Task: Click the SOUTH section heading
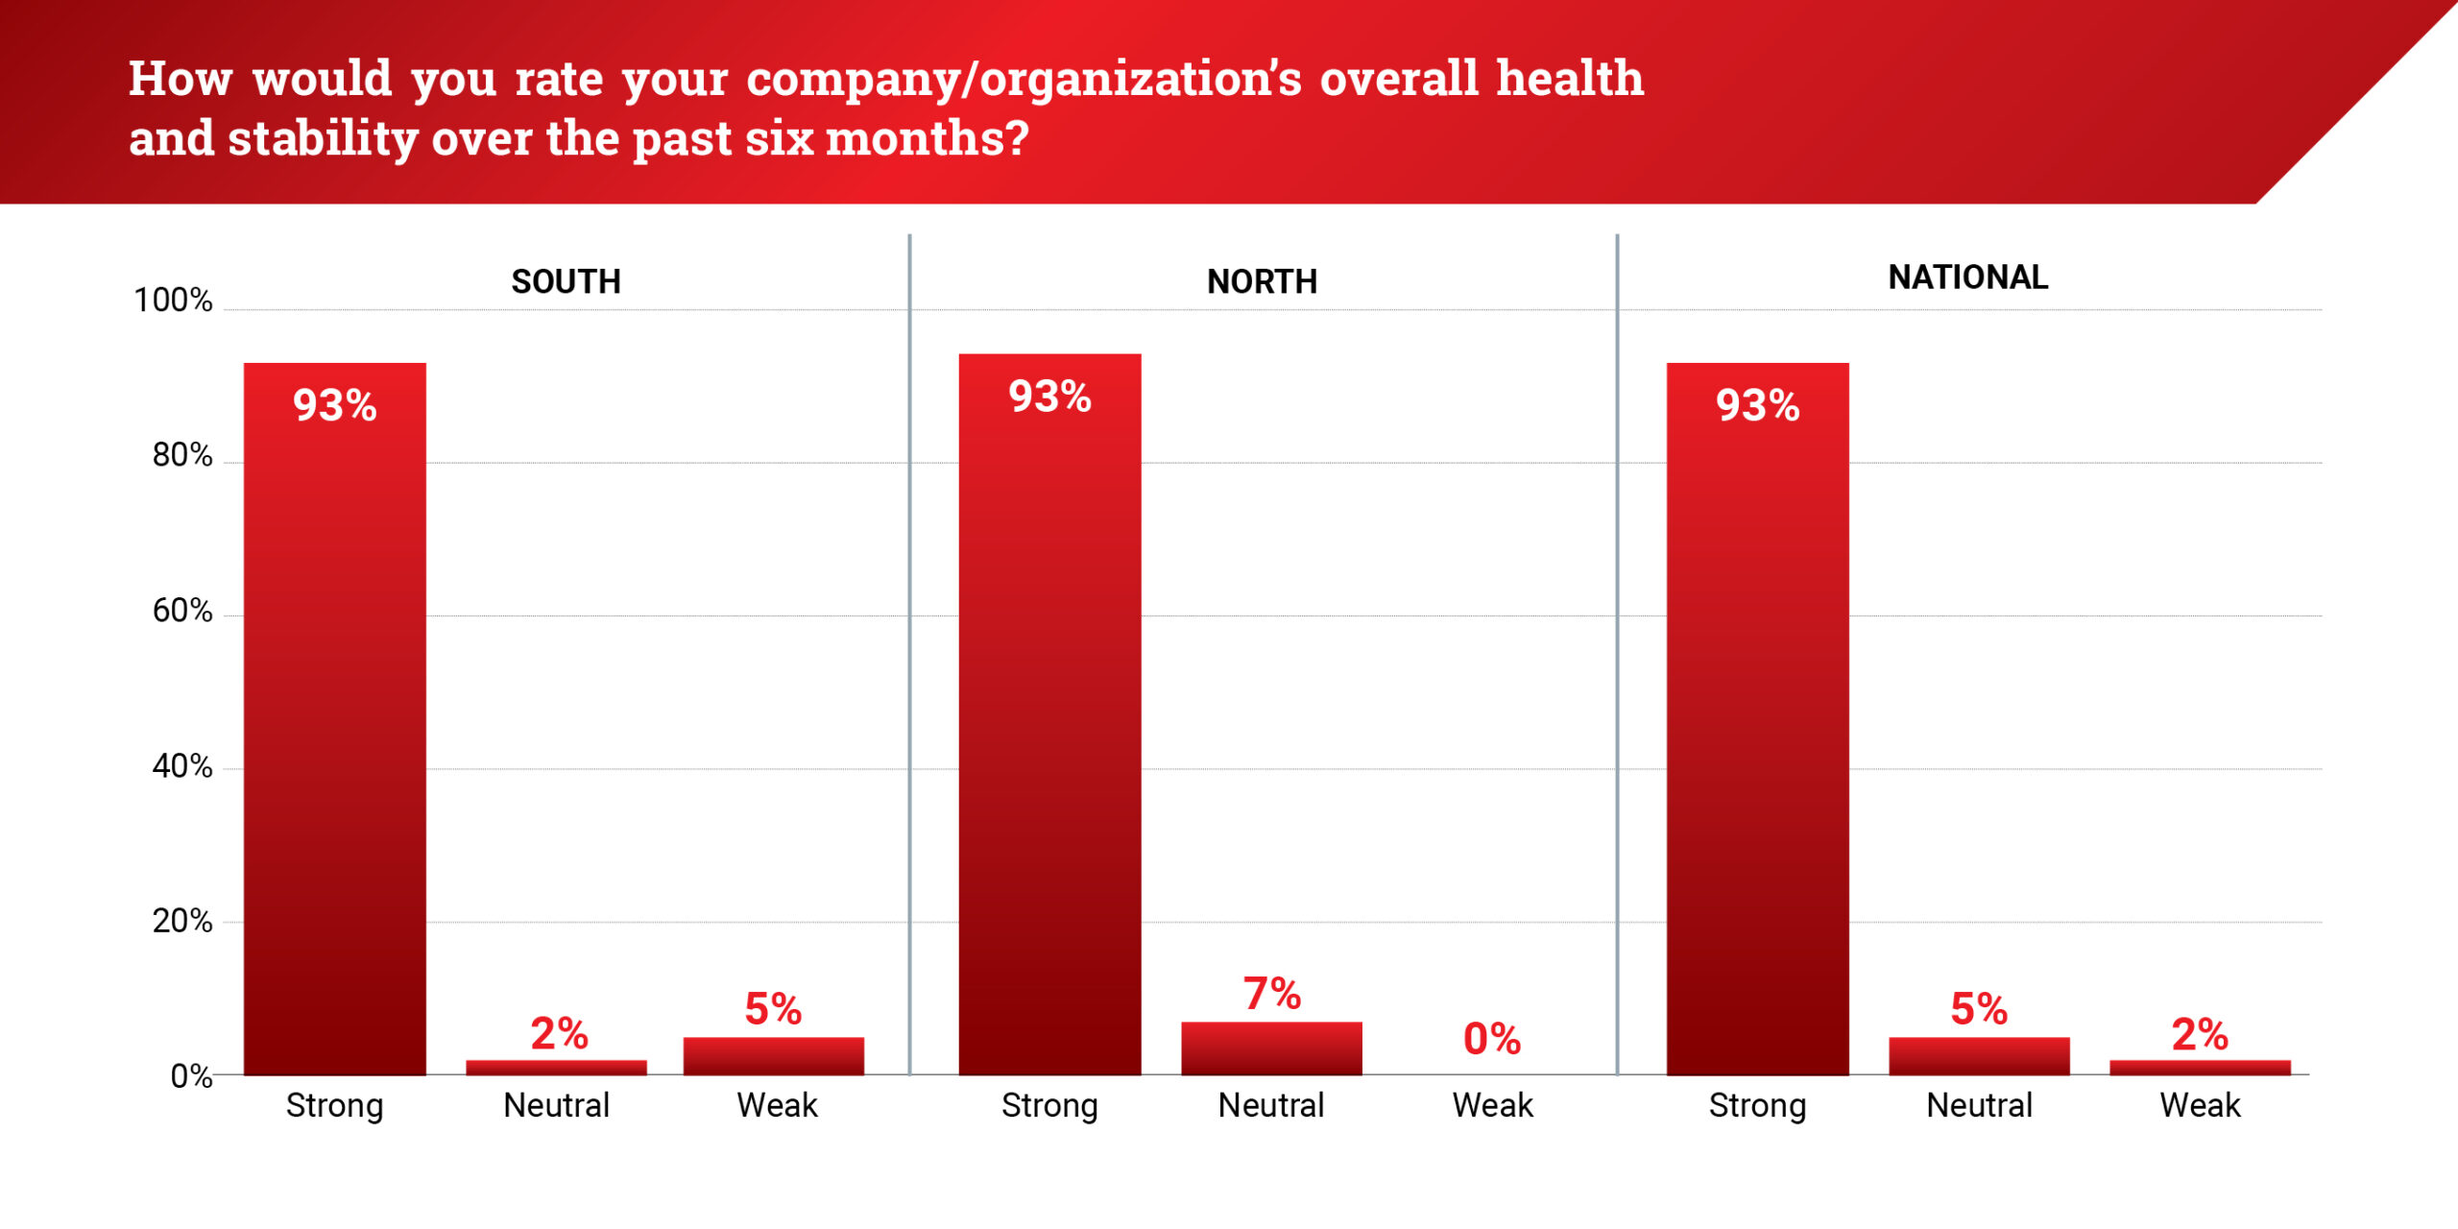pos(566,281)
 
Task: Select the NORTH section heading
pos(1262,281)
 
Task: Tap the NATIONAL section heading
pos(1967,277)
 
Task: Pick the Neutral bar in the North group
pos(1271,1048)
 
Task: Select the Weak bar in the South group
pos(773,1056)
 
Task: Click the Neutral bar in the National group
pos(1979,1056)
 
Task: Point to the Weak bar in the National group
pos(2200,1067)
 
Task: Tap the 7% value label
pos(1271,994)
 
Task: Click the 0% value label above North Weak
pos(1491,1039)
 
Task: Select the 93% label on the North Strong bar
pos(1049,397)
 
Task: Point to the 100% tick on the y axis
pos(173,301)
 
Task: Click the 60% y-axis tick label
pos(182,611)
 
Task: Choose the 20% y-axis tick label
pos(182,922)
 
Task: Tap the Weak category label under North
pos(1492,1105)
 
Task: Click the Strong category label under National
pos(1757,1106)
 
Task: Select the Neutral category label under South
pos(556,1105)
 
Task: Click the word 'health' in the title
pos(1570,78)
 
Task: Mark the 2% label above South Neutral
pos(559,1034)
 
